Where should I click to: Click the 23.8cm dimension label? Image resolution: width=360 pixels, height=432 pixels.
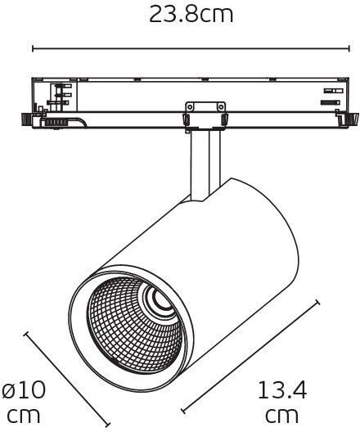[x=191, y=15]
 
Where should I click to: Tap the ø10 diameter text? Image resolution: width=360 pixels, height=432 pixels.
[x=24, y=389]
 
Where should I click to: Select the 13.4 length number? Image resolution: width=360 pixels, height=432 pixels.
[x=282, y=389]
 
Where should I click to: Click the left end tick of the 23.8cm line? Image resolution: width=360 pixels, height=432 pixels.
[x=33, y=49]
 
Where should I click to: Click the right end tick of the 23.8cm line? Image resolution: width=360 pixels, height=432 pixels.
[x=349, y=49]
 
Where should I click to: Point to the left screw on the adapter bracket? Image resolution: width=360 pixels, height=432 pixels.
[x=190, y=106]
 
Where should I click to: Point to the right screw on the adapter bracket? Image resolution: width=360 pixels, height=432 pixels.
[x=221, y=106]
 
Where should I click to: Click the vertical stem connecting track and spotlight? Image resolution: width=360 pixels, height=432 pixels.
[x=205, y=165]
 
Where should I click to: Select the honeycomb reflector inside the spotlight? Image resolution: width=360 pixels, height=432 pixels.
[x=135, y=325]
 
